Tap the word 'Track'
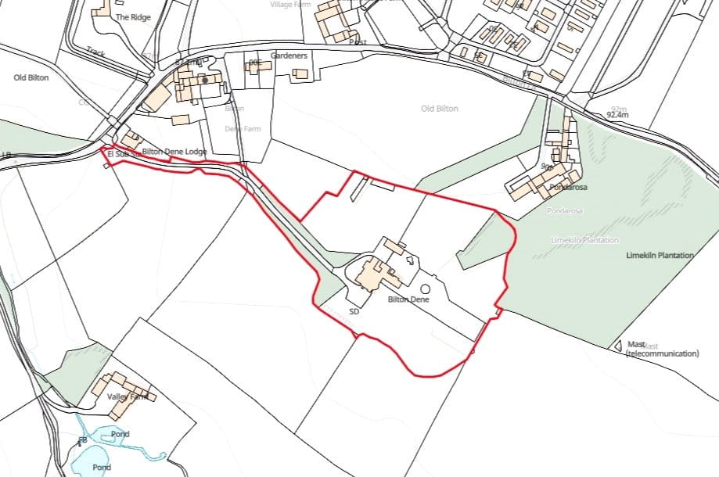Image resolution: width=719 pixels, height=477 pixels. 95,52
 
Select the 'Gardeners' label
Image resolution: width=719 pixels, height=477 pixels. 289,56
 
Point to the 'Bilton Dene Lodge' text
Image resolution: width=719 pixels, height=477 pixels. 174,152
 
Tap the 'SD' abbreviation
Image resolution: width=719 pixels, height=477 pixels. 354,312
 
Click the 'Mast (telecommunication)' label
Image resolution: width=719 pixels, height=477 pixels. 662,349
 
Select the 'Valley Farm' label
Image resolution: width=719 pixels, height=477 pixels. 127,397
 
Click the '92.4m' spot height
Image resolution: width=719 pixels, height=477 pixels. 617,115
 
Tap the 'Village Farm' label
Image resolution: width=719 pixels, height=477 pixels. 290,5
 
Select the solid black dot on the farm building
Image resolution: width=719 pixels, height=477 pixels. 205,80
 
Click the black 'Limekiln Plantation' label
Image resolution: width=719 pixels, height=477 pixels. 660,256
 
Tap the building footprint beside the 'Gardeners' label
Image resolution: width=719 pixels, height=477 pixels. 300,74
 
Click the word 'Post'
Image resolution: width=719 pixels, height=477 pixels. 358,41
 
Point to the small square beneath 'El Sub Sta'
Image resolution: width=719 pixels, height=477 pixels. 107,165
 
